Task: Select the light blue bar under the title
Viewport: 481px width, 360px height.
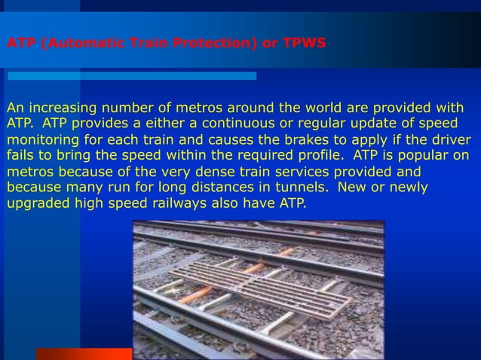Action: (x=132, y=76)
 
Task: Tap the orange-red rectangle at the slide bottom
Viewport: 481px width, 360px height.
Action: (x=84, y=353)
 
